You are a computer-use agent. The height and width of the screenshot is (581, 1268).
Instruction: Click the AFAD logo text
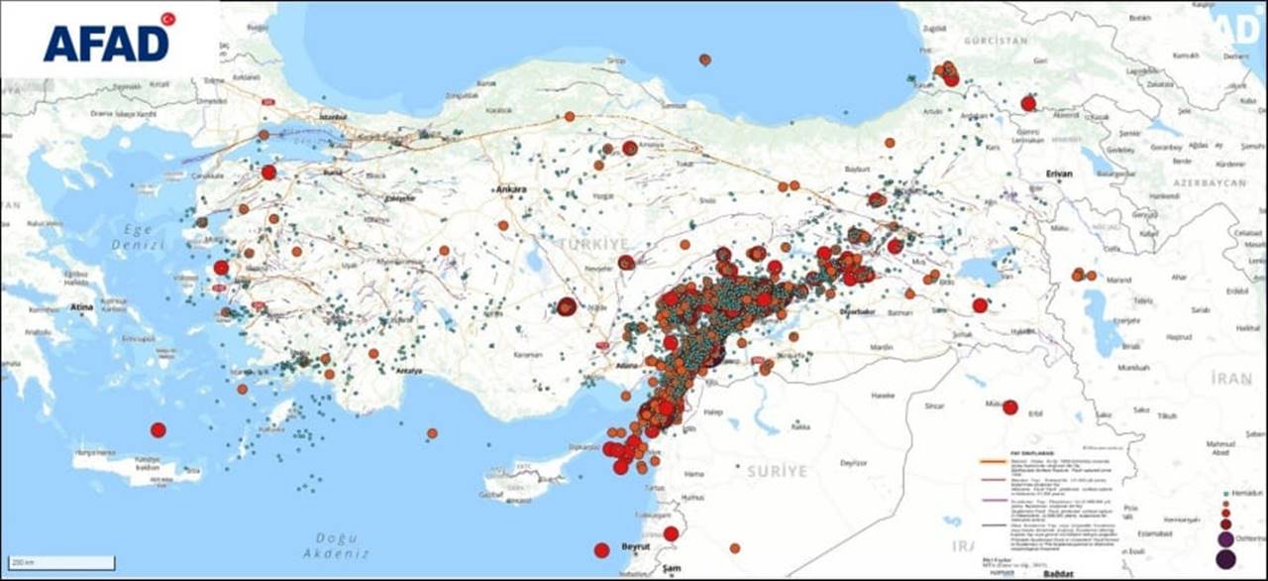pyautogui.click(x=105, y=44)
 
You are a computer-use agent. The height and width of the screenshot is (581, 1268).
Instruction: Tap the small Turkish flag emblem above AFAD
pyautogui.click(x=167, y=19)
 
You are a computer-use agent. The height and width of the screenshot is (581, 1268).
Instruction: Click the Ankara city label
pyautogui.click(x=512, y=189)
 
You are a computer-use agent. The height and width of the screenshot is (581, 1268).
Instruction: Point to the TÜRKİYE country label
pyautogui.click(x=593, y=243)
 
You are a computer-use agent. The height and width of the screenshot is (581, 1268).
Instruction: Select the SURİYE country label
pyautogui.click(x=778, y=470)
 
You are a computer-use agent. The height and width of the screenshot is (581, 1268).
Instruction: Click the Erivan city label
pyautogui.click(x=1059, y=174)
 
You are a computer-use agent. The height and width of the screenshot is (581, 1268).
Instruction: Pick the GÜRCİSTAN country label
pyautogui.click(x=1002, y=41)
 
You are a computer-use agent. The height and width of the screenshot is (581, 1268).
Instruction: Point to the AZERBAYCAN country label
pyautogui.click(x=1208, y=185)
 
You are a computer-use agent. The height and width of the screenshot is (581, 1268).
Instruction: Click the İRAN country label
pyautogui.click(x=1230, y=379)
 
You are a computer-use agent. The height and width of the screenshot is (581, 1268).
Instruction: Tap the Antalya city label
pyautogui.click(x=408, y=371)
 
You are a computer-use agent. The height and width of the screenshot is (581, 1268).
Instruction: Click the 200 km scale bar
pyautogui.click(x=58, y=563)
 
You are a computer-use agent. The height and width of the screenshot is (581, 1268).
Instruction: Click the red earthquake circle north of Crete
pyautogui.click(x=158, y=429)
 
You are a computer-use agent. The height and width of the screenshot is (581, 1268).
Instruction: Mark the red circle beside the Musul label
pyautogui.click(x=1010, y=407)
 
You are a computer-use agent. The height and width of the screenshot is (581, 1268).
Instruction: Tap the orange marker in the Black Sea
pyautogui.click(x=704, y=59)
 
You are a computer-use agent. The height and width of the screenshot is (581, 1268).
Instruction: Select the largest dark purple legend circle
pyautogui.click(x=1225, y=559)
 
